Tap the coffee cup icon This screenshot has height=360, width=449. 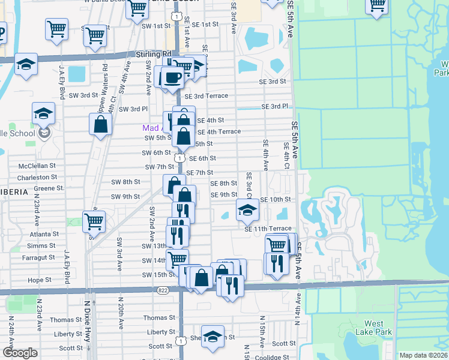173,77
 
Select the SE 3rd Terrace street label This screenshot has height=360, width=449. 206,96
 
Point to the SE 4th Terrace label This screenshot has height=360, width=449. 219,131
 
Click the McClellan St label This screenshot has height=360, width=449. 37,165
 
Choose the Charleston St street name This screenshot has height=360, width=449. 37,178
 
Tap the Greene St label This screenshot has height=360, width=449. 53,188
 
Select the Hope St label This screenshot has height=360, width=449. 40,280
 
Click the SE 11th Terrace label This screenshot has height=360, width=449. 268,229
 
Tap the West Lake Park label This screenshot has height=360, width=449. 373,328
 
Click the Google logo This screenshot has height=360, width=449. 20,353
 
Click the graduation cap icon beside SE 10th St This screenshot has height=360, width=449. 247,210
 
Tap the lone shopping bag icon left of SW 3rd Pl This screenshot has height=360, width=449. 101,124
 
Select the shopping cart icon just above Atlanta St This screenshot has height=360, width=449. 94,221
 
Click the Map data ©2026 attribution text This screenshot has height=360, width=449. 423,355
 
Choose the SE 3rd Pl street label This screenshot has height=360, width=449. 275,107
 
